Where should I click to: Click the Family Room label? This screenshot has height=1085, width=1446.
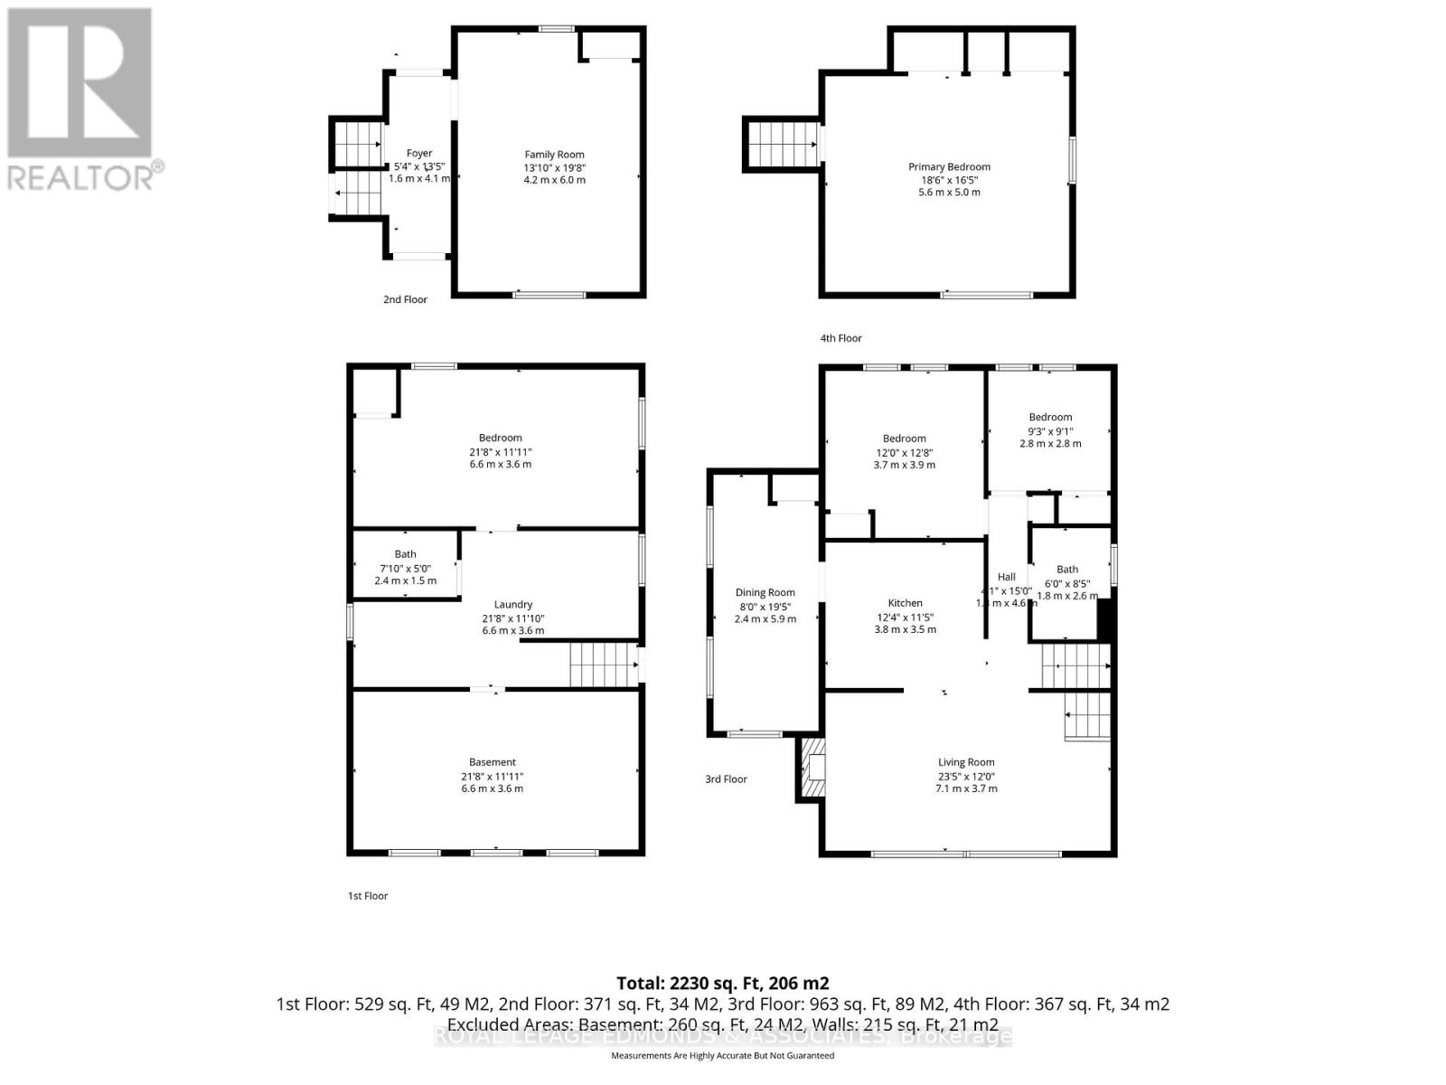554,155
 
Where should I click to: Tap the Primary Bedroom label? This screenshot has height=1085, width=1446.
949,166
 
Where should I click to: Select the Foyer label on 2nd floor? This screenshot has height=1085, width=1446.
418,154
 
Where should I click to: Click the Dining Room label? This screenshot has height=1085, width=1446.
765,593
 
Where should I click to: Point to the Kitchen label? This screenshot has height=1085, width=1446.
905,603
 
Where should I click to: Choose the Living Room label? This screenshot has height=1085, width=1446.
966,762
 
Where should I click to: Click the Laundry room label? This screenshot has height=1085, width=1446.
512,605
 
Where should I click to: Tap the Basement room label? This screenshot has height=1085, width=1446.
492,762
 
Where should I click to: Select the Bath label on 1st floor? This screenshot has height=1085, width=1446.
405,554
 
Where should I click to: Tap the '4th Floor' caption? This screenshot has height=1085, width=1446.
840,338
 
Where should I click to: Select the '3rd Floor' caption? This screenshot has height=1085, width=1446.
726,779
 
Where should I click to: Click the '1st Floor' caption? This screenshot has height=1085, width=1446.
368,896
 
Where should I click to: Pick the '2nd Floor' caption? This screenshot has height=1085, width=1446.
405,299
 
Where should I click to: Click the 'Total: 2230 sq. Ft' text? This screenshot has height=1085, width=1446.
722,983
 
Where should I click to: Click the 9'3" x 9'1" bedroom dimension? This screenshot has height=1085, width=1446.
1050,431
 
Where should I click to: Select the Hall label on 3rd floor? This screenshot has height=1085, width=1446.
1006,577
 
